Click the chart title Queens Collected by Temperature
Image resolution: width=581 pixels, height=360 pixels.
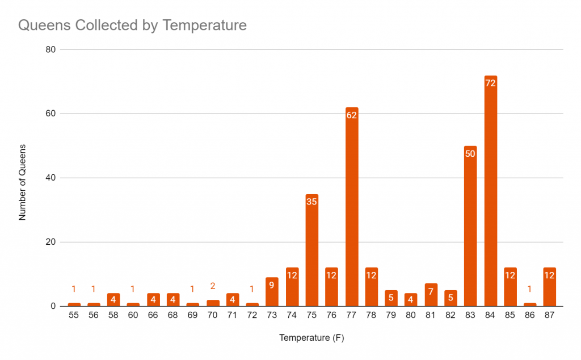tap(133, 26)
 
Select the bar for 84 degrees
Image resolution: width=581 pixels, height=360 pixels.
tap(491, 193)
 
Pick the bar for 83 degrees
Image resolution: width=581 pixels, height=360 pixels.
tap(471, 227)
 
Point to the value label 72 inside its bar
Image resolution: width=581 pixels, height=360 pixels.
tap(491, 83)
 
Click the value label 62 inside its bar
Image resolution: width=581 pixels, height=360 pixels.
tap(352, 115)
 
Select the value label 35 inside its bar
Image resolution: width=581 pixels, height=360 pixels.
tap(312, 202)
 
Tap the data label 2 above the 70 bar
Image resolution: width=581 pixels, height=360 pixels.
tap(213, 286)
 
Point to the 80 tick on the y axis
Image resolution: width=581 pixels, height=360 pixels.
tap(50, 49)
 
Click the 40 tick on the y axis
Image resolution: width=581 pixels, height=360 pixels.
tap(50, 178)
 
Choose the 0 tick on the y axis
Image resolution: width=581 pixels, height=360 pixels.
tap(52, 307)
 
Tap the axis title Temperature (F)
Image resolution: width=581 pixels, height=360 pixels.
tap(311, 338)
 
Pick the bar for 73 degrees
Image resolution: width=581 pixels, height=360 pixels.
tap(272, 292)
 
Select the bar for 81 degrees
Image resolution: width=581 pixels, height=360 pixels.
tap(431, 295)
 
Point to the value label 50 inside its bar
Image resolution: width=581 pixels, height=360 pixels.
tap(471, 153)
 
